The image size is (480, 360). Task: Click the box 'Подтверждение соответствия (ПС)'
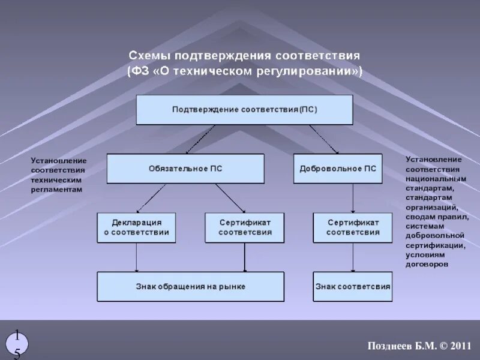click(244, 110)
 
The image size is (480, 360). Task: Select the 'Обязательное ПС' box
click(185, 169)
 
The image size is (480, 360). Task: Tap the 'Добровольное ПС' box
click(338, 169)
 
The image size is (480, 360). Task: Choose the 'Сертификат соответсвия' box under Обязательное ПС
click(244, 227)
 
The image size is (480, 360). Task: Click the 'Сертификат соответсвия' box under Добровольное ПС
click(353, 227)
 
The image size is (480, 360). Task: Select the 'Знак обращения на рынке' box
click(190, 286)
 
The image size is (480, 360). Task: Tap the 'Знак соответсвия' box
click(353, 286)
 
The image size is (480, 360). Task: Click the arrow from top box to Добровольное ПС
click(324, 139)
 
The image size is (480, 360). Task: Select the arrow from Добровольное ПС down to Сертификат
click(353, 197)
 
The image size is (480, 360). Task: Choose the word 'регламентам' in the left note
click(56, 189)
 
